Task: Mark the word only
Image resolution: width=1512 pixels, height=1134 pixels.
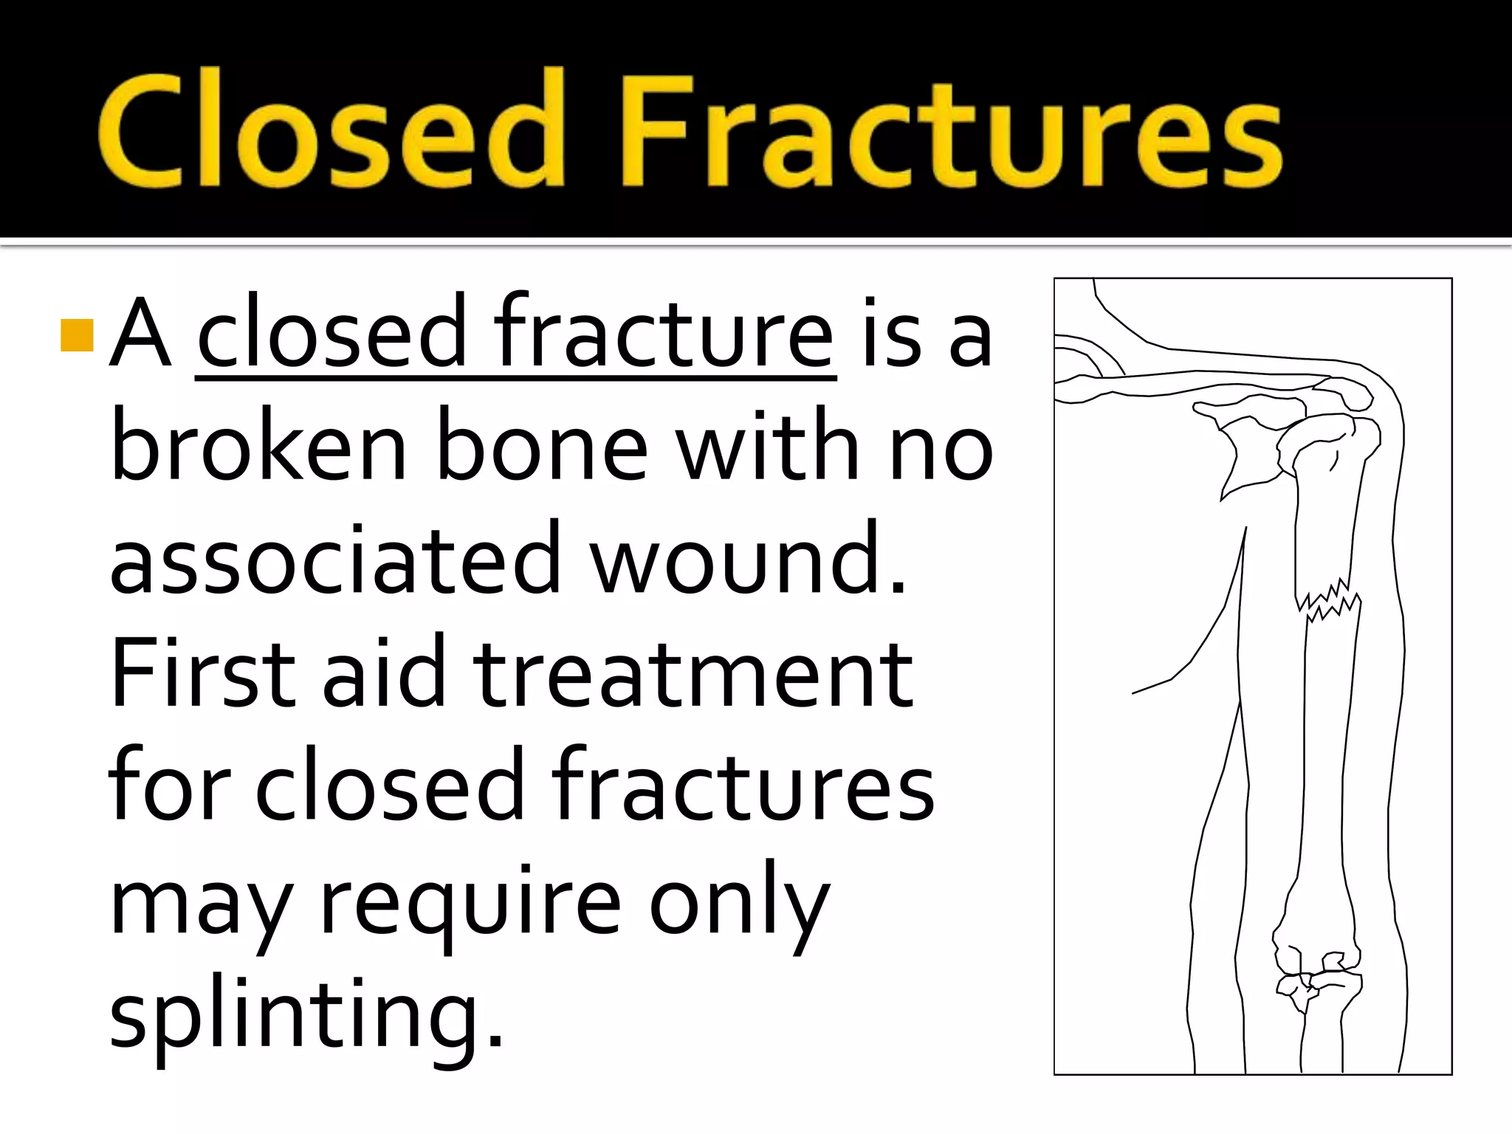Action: coord(738,904)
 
